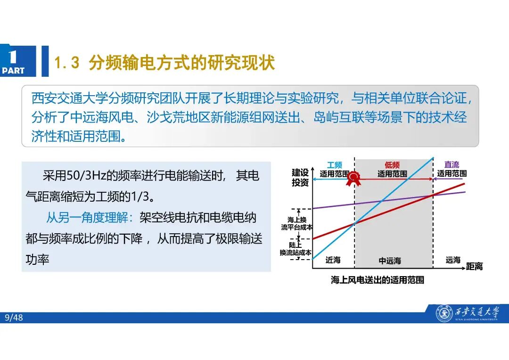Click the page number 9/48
[x=14, y=318]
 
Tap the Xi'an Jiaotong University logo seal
[x=443, y=313]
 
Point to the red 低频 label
[x=392, y=165]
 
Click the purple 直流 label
[x=452, y=165]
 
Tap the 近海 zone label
[x=333, y=260]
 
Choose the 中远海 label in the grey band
[x=390, y=261]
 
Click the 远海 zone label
[x=453, y=260]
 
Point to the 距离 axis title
[x=475, y=267]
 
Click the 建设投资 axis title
[x=300, y=178]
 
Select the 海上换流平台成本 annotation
[x=297, y=223]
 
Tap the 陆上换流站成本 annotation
[x=296, y=249]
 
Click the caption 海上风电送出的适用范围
[x=378, y=280]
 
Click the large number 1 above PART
[x=13, y=57]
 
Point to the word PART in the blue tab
[x=13, y=71]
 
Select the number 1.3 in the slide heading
[x=66, y=63]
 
